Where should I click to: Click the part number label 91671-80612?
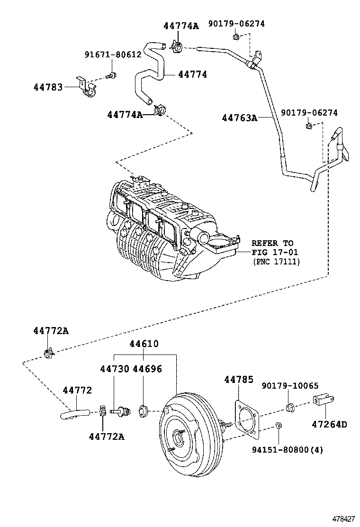[113, 55]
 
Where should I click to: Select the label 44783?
[48, 87]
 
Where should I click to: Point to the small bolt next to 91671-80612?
[112, 74]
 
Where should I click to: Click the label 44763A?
[240, 118]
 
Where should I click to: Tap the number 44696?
[147, 369]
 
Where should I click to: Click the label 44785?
[239, 380]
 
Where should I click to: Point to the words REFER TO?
[272, 243]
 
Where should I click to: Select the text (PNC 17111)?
[276, 261]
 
